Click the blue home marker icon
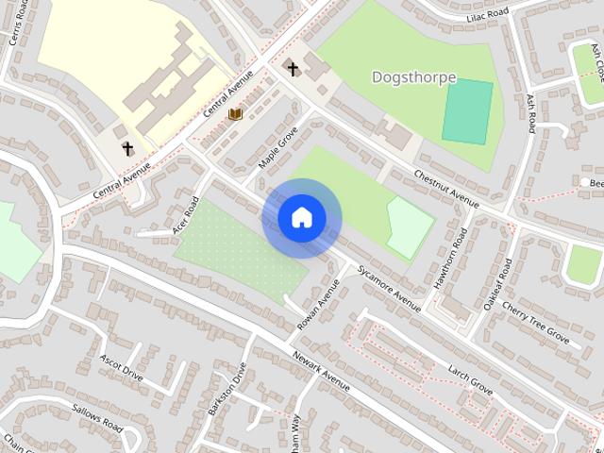tap(301, 218)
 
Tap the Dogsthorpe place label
tap(413, 76)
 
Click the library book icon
tap(236, 114)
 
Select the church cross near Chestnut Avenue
tap(293, 68)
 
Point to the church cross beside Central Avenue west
tap(127, 148)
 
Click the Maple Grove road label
tap(278, 148)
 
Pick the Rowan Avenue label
tap(318, 304)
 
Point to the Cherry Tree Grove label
tap(535, 322)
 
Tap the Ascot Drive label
tap(122, 368)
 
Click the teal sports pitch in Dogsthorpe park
tap(467, 111)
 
